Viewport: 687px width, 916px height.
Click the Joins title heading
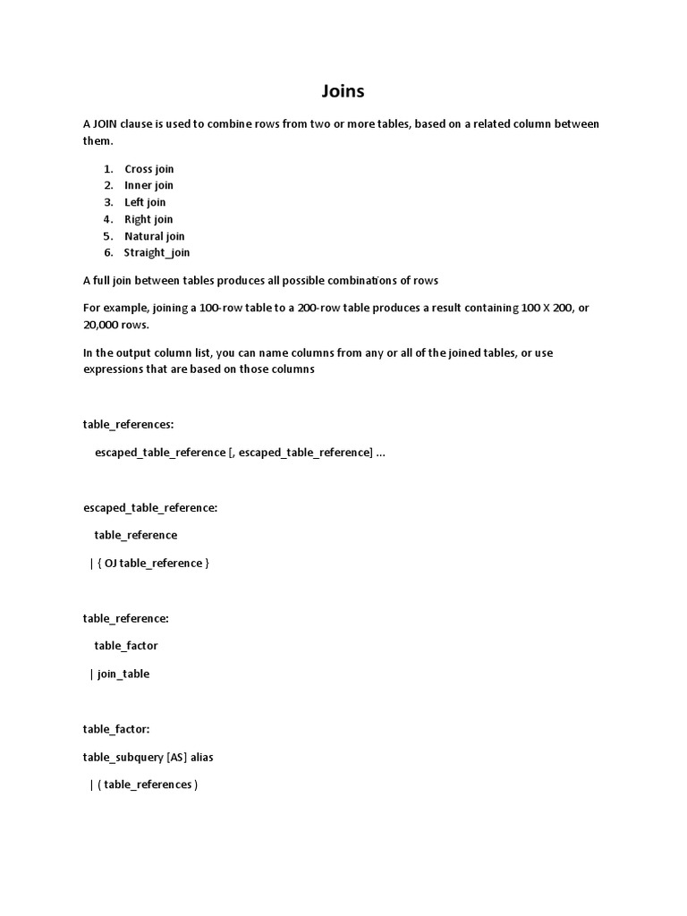pyautogui.click(x=343, y=90)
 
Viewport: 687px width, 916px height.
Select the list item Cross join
pyautogui.click(x=149, y=169)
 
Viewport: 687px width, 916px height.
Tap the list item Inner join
pyautogui.click(x=148, y=185)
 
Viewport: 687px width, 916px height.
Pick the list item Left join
pyautogui.click(x=145, y=202)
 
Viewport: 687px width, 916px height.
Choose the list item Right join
pyautogui.click(x=148, y=219)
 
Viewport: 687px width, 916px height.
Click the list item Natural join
pyautogui.click(x=155, y=236)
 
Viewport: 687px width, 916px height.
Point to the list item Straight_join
pyautogui.click(x=157, y=252)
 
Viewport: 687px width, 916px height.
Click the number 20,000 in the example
pyautogui.click(x=103, y=325)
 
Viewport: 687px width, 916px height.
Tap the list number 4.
pyautogui.click(x=107, y=219)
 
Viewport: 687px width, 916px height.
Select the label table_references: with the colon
pyautogui.click(x=128, y=424)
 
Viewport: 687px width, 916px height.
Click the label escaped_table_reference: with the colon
pyautogui.click(x=150, y=507)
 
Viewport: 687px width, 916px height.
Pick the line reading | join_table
pyautogui.click(x=120, y=674)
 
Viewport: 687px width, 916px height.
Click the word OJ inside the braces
pyautogui.click(x=111, y=563)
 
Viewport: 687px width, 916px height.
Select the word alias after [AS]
pyautogui.click(x=202, y=757)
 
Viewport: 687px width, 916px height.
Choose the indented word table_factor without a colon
pyautogui.click(x=126, y=645)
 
